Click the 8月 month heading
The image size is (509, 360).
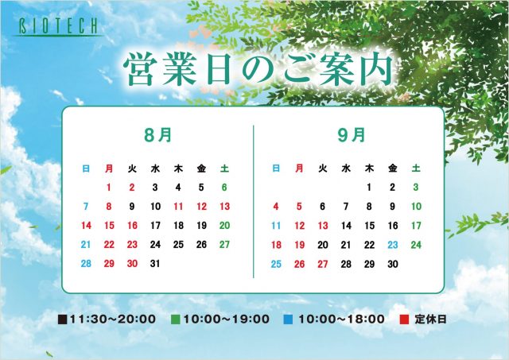158,135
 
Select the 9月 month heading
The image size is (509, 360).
352,135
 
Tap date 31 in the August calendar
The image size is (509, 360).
155,264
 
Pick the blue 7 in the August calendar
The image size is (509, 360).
86,207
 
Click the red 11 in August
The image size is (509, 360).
178,207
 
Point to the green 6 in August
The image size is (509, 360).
224,187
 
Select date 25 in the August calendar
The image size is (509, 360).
178,245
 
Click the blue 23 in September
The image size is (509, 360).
393,245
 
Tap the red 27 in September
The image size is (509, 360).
323,264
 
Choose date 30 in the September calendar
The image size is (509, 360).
393,264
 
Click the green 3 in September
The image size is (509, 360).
416,187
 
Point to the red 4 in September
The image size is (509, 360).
276,207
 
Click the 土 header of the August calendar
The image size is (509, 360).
224,168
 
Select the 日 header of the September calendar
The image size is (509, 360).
276,168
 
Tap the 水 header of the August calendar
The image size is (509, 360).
155,168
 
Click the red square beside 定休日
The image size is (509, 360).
404,319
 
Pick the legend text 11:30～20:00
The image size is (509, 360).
113,319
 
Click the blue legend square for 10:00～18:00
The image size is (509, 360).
288,319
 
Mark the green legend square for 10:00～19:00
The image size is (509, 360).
175,319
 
